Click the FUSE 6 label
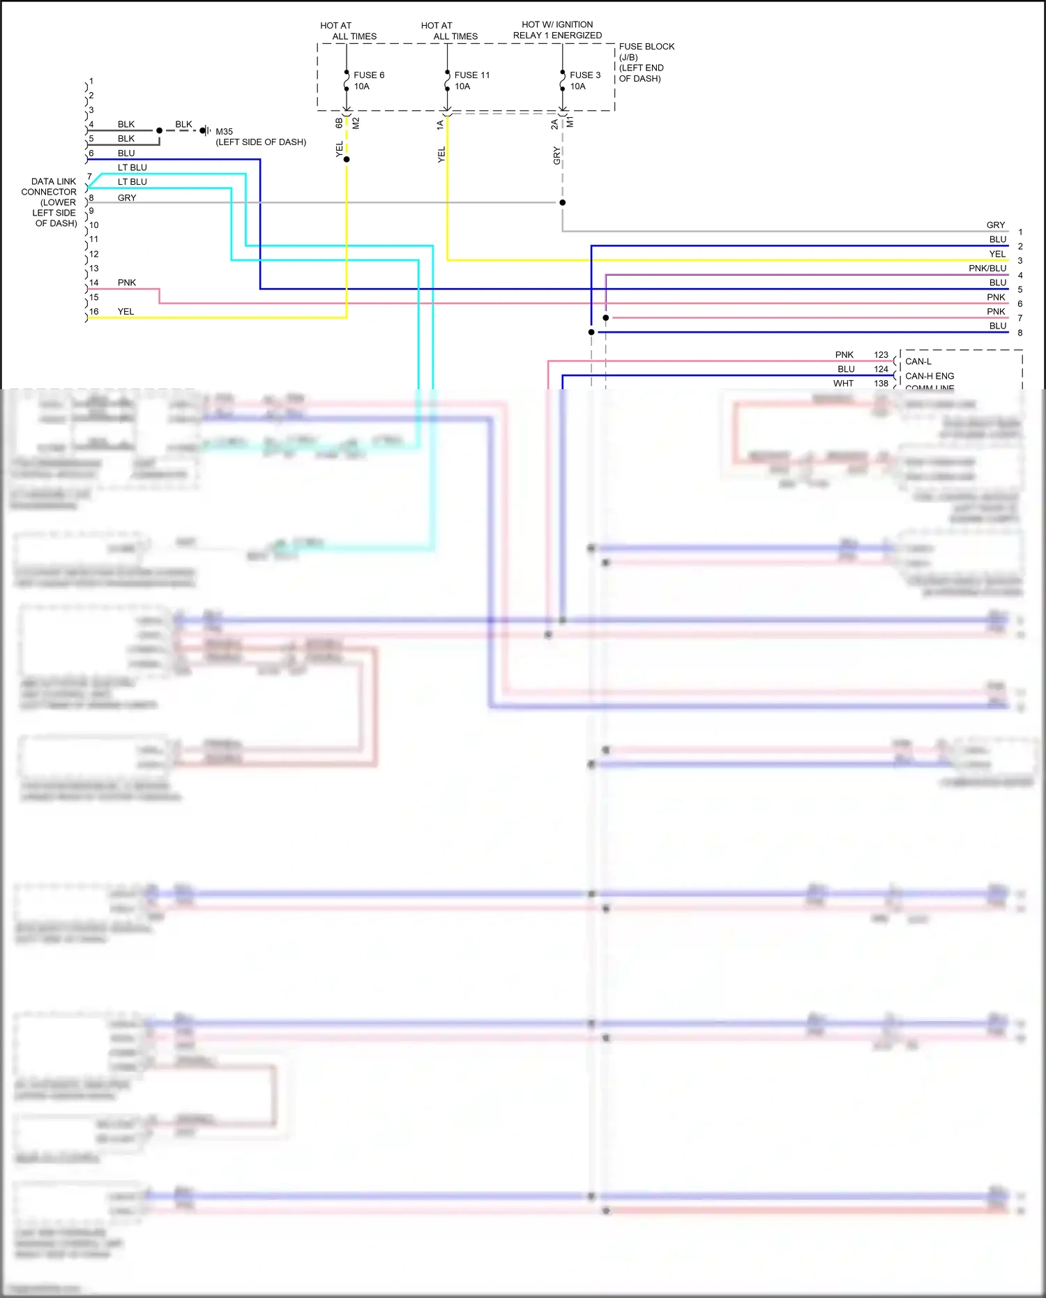(x=368, y=75)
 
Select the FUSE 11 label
(x=471, y=75)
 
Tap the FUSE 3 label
(x=584, y=75)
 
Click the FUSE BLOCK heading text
(x=646, y=47)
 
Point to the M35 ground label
(x=224, y=131)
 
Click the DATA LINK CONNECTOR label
(x=49, y=187)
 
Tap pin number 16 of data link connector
(x=94, y=312)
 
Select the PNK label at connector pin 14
(x=126, y=282)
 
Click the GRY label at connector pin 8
(x=126, y=198)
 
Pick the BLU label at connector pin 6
(x=126, y=153)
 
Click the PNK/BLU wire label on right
(x=987, y=269)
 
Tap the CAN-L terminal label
(x=918, y=361)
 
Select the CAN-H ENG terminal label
(x=929, y=376)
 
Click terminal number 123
(x=881, y=355)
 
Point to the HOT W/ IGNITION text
(x=557, y=24)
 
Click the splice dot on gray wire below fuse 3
(x=562, y=202)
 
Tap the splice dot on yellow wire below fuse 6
(x=347, y=160)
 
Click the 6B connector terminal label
(x=339, y=123)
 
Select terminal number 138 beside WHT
(x=881, y=384)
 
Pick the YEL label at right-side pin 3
(x=997, y=254)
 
